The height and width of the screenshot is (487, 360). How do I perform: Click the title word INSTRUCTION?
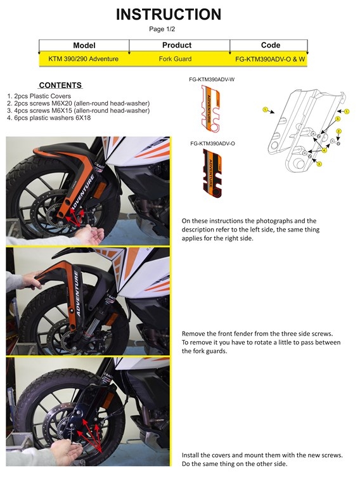click(x=169, y=15)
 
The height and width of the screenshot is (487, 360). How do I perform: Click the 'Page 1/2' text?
click(x=162, y=29)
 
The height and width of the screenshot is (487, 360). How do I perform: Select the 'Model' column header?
click(x=84, y=46)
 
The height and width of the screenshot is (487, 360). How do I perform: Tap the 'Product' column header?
click(x=177, y=46)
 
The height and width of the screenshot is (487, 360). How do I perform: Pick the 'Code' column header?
click(x=271, y=46)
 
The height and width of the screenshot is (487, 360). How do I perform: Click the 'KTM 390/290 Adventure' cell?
click(x=84, y=59)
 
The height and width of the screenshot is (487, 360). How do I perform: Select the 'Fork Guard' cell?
click(x=177, y=59)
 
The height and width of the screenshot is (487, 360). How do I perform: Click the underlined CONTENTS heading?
click(x=60, y=85)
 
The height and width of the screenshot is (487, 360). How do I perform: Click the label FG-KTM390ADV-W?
click(x=212, y=80)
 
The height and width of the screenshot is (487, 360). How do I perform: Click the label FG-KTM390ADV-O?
click(x=212, y=144)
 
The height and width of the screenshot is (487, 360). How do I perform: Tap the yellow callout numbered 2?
click(x=339, y=131)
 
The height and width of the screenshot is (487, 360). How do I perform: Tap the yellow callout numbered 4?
click(x=324, y=150)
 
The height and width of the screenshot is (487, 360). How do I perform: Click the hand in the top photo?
click(x=91, y=237)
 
